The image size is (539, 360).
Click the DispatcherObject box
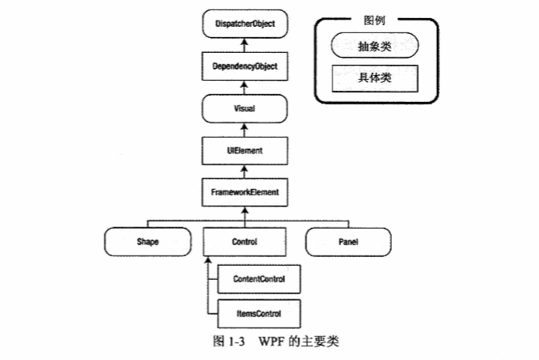245,25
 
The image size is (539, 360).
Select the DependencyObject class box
245,66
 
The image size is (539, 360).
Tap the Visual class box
245,108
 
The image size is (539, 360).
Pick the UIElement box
245,149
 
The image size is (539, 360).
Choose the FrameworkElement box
245,191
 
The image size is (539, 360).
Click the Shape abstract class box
148,241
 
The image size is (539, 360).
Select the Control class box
245,241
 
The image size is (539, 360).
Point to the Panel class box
347,241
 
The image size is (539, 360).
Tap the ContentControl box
259,279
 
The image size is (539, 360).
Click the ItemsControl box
259,313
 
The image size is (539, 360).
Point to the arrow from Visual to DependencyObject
245,87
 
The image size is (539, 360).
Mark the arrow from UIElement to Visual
245,128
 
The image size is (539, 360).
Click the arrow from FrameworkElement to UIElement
245,170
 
